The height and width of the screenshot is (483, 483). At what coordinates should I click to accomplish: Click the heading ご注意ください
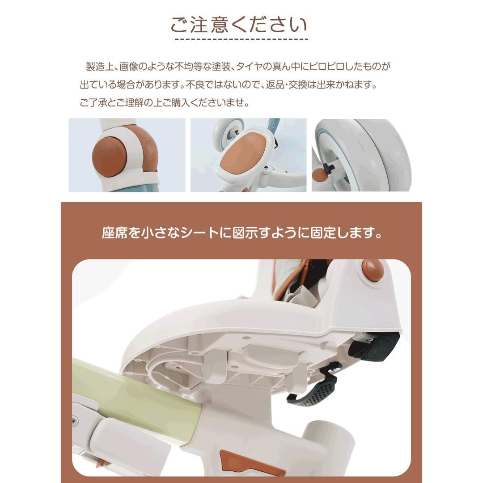tap(239, 25)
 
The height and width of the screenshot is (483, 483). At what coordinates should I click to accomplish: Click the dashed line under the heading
tap(241, 39)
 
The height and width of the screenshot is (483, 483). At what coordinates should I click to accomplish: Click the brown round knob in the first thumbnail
tap(109, 155)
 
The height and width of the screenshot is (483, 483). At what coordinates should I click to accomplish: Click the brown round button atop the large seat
tap(373, 270)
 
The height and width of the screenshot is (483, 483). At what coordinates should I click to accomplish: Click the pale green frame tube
tap(134, 394)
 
